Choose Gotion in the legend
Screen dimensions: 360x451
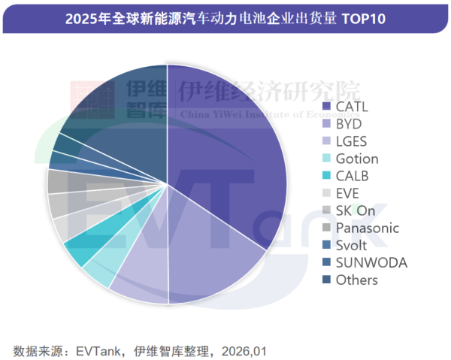coord(356,158)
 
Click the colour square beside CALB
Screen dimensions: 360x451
coord(325,176)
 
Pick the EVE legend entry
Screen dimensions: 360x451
coord(347,193)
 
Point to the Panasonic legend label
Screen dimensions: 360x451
coord(367,228)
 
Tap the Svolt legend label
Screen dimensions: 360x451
coord(352,246)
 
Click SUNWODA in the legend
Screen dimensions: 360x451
coord(371,263)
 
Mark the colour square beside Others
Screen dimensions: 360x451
coord(325,280)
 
